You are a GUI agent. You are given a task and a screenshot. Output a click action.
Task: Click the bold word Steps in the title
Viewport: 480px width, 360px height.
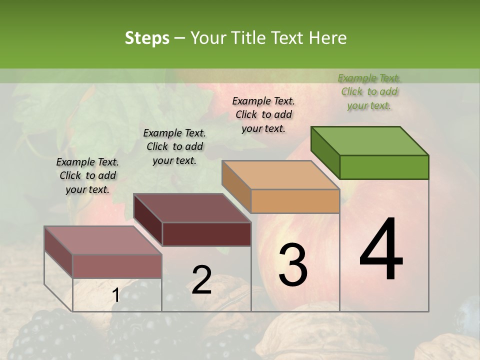pyautogui.click(x=147, y=38)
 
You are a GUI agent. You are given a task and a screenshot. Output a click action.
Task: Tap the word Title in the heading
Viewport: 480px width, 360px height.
pyautogui.click(x=247, y=38)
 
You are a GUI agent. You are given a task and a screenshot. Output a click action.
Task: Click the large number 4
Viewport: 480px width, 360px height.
pyautogui.click(x=381, y=250)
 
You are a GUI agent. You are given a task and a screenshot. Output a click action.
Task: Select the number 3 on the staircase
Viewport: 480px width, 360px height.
pyautogui.click(x=293, y=264)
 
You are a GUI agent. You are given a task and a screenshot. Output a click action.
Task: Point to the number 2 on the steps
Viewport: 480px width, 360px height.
pyautogui.click(x=201, y=279)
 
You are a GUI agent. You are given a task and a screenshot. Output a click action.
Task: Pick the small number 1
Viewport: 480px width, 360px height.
pyautogui.click(x=115, y=295)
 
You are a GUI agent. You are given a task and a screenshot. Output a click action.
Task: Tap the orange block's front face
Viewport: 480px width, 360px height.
pyautogui.click(x=295, y=201)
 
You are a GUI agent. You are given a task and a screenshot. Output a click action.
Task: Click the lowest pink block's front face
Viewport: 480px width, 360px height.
pyautogui.click(x=117, y=266)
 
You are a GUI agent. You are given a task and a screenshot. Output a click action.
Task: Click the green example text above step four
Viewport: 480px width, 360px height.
pyautogui.click(x=369, y=91)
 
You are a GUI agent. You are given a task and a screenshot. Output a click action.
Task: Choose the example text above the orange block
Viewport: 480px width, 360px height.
pyautogui.click(x=263, y=114)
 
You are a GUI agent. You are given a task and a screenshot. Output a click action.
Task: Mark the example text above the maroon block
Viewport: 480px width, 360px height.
pyautogui.click(x=174, y=146)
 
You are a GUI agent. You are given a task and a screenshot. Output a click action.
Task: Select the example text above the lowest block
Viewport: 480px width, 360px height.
pyautogui.click(x=87, y=175)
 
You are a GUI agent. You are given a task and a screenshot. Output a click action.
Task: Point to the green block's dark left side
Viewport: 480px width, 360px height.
pyautogui.click(x=325, y=152)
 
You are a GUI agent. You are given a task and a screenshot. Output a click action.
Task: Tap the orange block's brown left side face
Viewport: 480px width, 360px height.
pyautogui.click(x=236, y=186)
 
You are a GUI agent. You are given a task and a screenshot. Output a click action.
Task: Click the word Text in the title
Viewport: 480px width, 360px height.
pyautogui.click(x=286, y=38)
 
